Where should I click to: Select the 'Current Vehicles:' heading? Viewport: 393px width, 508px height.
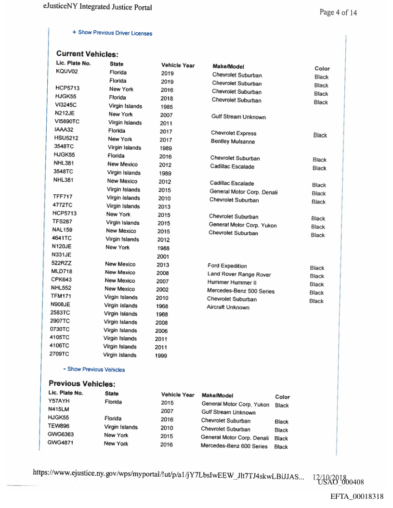tap(87, 54)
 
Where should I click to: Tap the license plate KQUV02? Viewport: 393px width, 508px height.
tap(67, 72)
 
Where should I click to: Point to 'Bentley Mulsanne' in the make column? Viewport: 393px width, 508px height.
tap(233, 141)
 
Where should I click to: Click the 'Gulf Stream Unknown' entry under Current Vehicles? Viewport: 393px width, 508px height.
tap(238, 117)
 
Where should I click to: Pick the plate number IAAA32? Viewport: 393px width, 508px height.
tap(64, 130)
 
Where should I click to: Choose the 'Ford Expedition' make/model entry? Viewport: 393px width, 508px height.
tap(227, 266)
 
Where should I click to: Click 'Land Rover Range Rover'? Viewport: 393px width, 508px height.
tap(239, 275)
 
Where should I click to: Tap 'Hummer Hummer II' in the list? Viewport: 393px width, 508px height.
tap(231, 283)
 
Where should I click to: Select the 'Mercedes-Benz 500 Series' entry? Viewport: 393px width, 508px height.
tap(240, 291)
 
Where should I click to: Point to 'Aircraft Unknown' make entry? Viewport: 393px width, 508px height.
tap(228, 307)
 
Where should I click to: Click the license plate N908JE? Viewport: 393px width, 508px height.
tap(60, 305)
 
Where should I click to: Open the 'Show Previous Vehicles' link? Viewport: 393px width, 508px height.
tap(96, 369)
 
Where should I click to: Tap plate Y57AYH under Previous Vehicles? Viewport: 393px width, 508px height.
tap(59, 401)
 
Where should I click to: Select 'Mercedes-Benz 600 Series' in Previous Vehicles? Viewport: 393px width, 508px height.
tap(234, 446)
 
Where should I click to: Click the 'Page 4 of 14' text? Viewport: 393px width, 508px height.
tap(338, 13)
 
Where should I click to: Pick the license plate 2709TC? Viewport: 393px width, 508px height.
tap(59, 355)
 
